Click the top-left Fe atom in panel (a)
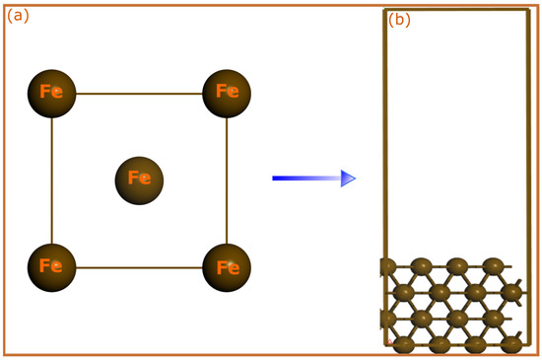tap(52, 93)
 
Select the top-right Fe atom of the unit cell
tap(227, 93)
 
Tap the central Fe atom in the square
tap(139, 180)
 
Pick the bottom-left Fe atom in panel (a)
tap(52, 266)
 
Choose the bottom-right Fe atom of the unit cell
tap(227, 266)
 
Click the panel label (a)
tap(19, 15)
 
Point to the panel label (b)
tap(399, 20)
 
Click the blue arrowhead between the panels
tap(348, 179)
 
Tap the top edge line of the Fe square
tap(139, 94)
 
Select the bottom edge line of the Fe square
tap(139, 267)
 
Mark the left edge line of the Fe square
tap(52, 180)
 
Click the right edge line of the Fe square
tap(227, 180)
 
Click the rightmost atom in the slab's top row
tap(493, 266)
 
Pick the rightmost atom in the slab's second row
tap(511, 293)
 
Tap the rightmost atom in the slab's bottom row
tap(510, 344)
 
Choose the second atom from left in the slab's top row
tap(421, 266)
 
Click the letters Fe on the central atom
tap(139, 180)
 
